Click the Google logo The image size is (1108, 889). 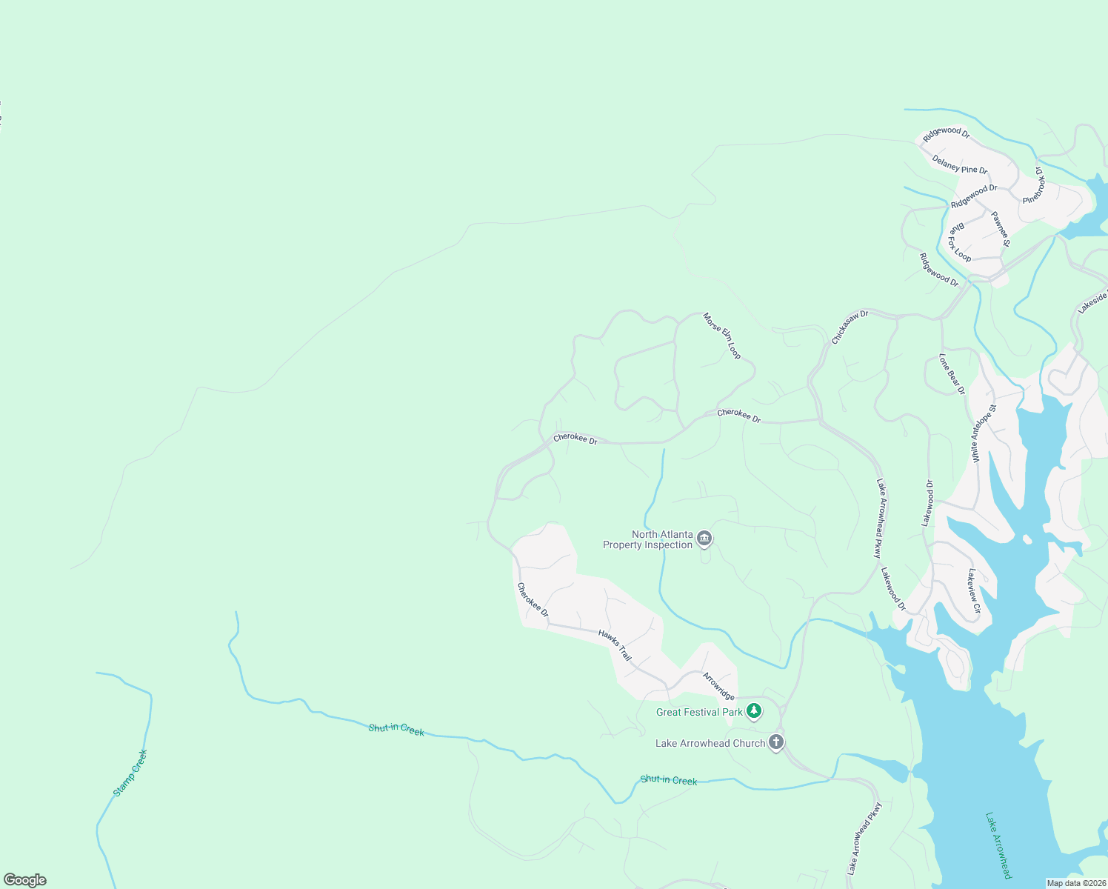25,880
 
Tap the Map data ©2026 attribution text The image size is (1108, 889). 1076,883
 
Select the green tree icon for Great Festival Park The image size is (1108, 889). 754,711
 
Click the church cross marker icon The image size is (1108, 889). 775,742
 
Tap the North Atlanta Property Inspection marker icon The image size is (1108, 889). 704,539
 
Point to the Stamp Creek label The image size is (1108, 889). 130,773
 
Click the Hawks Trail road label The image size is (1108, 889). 615,645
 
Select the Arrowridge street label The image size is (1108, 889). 718,686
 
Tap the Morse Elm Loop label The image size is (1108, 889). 721,336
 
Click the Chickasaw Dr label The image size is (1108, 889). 849,327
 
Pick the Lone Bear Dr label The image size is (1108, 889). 952,374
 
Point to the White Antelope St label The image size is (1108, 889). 984,434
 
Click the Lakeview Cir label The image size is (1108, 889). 974,591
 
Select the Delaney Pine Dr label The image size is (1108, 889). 959,165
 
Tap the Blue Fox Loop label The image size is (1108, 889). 960,242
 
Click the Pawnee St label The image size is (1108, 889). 1001,230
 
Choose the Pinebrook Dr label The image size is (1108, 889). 1033,186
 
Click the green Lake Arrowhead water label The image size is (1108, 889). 998,846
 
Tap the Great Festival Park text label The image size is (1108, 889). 699,712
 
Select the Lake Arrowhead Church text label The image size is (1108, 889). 710,743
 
